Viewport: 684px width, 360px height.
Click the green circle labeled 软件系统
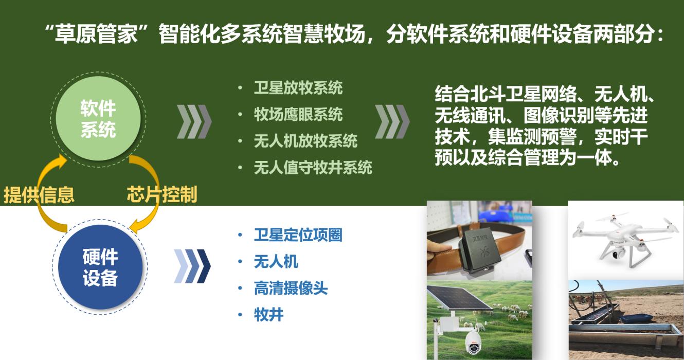tap(98, 118)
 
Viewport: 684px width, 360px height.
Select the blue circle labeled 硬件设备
tap(100, 267)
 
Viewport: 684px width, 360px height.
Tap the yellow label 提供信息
tap(39, 194)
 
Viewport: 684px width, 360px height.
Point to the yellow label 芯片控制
tap(162, 194)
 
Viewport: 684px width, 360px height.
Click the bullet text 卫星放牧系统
tap(298, 88)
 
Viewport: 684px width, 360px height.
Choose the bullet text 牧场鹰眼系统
tap(298, 115)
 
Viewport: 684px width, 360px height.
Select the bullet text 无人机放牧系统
tap(305, 141)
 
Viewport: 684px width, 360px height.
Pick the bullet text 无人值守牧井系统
tap(313, 168)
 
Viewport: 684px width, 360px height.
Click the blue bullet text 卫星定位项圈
tap(298, 235)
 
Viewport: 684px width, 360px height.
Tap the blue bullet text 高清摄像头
tap(291, 288)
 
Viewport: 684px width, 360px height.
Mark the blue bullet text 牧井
tap(268, 315)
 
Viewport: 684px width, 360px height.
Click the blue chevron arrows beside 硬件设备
tap(192, 266)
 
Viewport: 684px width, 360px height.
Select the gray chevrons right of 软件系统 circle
tap(194, 121)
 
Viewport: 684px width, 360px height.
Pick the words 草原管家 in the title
tap(96, 33)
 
